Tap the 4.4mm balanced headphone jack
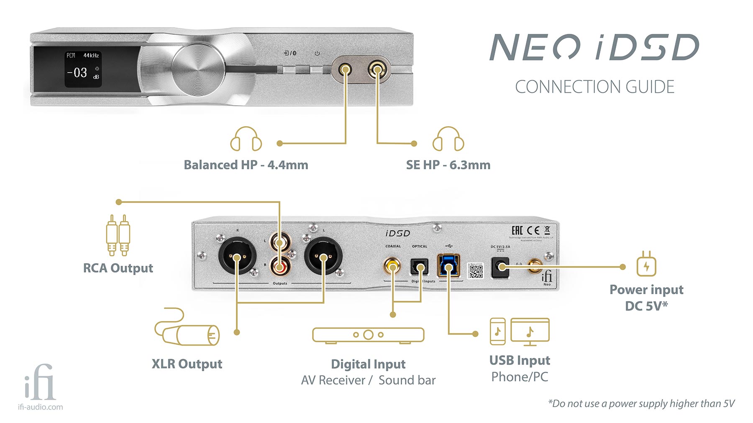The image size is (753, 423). point(345,69)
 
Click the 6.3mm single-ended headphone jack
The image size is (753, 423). point(377,69)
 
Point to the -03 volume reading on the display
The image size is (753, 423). point(78,73)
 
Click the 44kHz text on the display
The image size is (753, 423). point(91,55)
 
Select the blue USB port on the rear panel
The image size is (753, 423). point(448,265)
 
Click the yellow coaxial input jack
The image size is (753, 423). point(392,265)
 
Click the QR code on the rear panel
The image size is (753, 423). point(475,271)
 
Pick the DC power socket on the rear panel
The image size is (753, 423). point(501,266)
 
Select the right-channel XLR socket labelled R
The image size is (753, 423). point(237,256)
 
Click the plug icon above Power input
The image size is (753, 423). point(646,264)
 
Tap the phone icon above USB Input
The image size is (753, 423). point(497,331)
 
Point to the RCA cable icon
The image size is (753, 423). point(118,235)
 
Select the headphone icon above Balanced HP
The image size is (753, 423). point(246,139)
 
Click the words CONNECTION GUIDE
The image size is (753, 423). point(594,87)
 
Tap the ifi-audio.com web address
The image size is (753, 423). point(41,407)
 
